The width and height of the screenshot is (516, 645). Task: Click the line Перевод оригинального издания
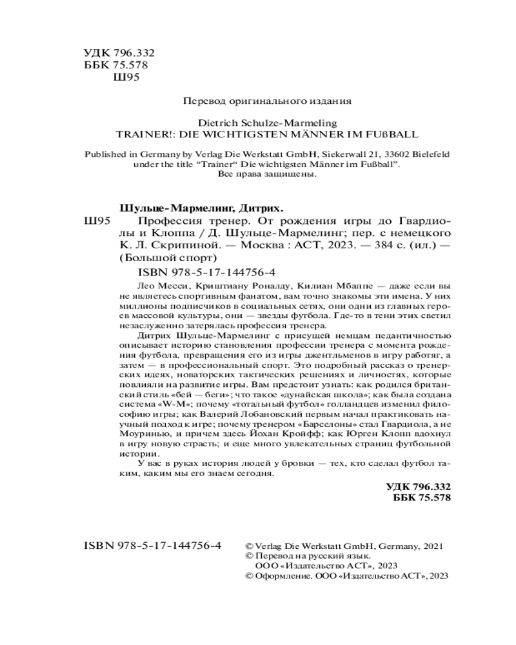tap(267, 101)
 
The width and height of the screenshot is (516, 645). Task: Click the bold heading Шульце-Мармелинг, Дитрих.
tap(201, 208)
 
